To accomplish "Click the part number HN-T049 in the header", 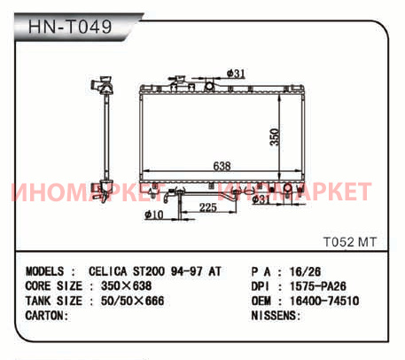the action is tap(70, 27).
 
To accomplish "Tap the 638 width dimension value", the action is tap(222, 166).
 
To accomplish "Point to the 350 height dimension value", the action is tap(275, 137).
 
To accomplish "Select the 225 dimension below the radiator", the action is tap(208, 207).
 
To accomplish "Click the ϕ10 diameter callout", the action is tap(154, 215).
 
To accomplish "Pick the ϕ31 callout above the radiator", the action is tap(236, 74).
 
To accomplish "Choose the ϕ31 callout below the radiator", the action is tap(261, 200).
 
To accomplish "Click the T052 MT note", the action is tap(350, 242).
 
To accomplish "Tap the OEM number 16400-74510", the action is tap(324, 301).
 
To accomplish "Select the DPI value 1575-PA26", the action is tap(318, 286).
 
